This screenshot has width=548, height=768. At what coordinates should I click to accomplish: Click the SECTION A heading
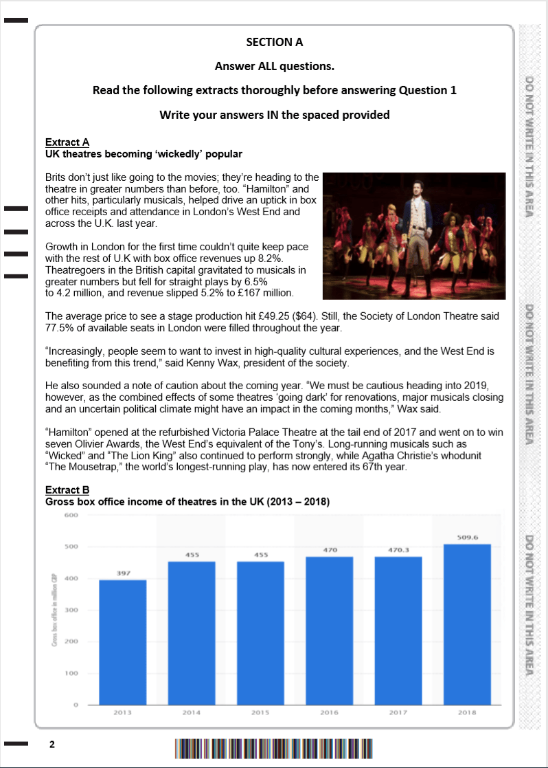tap(274, 42)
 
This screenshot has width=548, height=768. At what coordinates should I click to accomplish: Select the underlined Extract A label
tap(67, 142)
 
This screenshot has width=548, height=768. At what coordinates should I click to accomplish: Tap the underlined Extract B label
tap(67, 490)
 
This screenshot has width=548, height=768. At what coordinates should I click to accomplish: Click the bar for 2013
tap(122, 643)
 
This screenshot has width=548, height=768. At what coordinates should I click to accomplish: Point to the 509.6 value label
tap(467, 537)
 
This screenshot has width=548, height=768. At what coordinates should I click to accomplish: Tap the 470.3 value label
tap(398, 549)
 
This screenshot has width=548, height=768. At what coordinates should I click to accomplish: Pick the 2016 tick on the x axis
tap(330, 713)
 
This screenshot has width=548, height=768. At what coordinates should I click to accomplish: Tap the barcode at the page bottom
tap(273, 747)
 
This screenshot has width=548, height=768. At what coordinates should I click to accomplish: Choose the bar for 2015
tap(260, 633)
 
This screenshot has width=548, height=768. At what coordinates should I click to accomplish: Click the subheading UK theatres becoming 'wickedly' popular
tap(144, 154)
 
